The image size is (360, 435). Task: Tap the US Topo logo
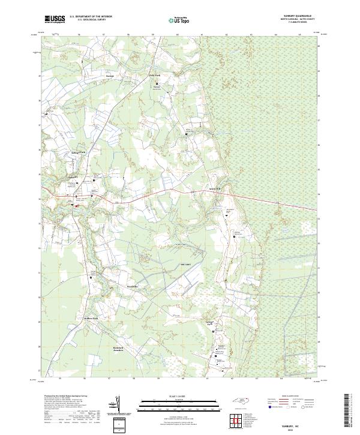pyautogui.click(x=181, y=20)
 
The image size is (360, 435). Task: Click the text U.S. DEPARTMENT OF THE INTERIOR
pyautogui.click(x=91, y=17)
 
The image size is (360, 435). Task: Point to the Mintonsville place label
pyautogui.click(x=133, y=286)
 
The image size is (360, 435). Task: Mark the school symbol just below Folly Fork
pyautogui.click(x=158, y=83)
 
